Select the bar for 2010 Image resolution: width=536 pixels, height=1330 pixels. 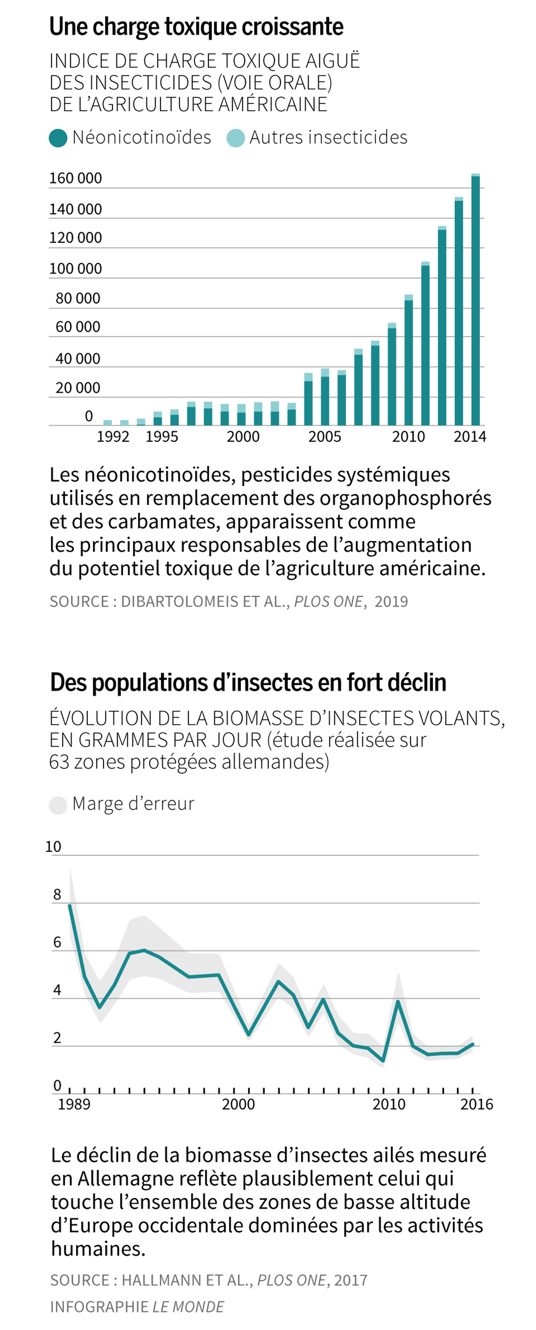pyautogui.click(x=408, y=361)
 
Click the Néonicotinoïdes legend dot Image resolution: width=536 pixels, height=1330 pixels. pyautogui.click(x=58, y=138)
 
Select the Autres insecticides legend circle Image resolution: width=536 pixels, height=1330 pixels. pyautogui.click(x=236, y=138)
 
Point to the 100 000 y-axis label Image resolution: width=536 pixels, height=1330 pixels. pyautogui.click(x=75, y=269)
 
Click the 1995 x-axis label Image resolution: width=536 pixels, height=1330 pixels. pyautogui.click(x=161, y=437)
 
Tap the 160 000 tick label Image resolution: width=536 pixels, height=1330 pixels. pyautogui.click(x=75, y=178)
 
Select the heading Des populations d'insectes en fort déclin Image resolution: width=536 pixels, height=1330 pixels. pyautogui.click(x=248, y=683)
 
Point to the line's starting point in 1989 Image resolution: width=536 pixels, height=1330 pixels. pyautogui.click(x=70, y=905)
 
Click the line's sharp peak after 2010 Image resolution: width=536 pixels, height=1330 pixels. pyautogui.click(x=398, y=1001)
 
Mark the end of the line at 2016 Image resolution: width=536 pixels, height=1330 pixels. pyautogui.click(x=472, y=1044)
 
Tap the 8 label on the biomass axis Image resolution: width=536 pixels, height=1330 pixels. pyautogui.click(x=57, y=895)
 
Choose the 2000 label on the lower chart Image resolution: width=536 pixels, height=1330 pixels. pyautogui.click(x=238, y=1104)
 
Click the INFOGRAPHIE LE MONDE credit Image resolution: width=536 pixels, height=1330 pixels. pyautogui.click(x=137, y=1307)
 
